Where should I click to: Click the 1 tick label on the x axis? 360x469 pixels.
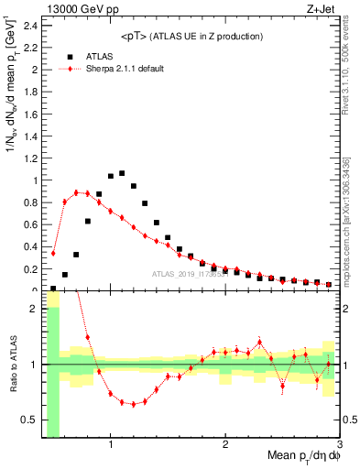coord(111,446)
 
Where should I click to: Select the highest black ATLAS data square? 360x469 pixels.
coord(122,172)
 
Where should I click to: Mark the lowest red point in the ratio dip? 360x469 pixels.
coord(134,404)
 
